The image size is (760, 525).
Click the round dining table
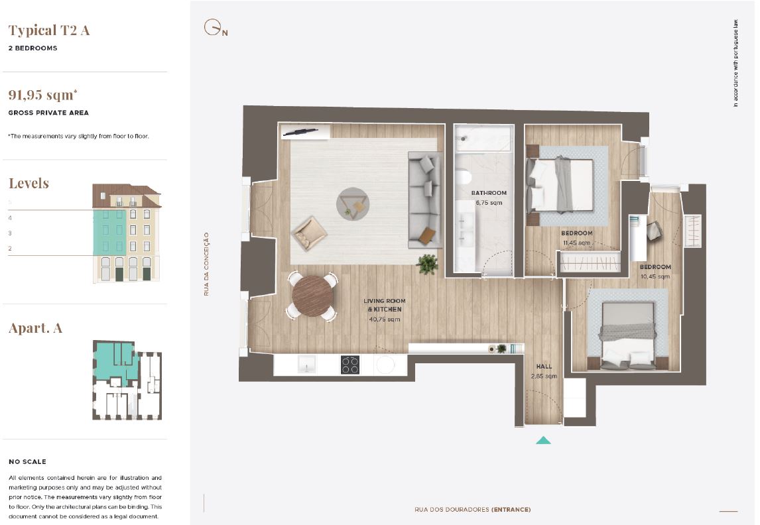[312, 296]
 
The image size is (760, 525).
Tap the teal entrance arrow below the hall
[543, 440]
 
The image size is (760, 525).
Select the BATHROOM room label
[489, 193]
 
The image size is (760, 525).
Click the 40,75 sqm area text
[385, 319]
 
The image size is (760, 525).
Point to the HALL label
[544, 367]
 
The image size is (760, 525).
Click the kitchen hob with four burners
[350, 365]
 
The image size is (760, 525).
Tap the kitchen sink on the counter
[307, 364]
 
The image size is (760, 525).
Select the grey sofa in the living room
[425, 200]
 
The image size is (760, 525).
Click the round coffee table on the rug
[353, 204]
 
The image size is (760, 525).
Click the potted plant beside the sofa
[428, 264]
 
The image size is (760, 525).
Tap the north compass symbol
[216, 28]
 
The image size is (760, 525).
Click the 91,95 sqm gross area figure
[42, 94]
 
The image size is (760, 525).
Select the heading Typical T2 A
[49, 30]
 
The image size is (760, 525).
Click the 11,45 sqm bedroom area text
[577, 243]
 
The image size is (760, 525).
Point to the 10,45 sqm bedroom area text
[655, 276]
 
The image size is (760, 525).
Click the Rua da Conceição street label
[206, 264]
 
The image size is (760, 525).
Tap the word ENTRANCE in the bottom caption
[511, 510]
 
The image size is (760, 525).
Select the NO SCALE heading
[28, 461]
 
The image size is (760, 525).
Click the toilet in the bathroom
[463, 177]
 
